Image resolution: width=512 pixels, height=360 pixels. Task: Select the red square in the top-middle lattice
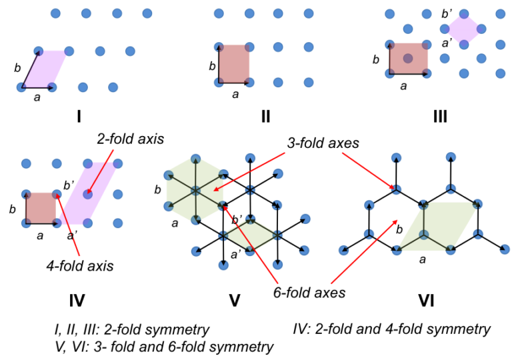[x=235, y=63]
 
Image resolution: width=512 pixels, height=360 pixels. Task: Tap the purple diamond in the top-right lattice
[x=463, y=29]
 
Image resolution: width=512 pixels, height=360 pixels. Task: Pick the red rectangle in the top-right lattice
[x=409, y=58]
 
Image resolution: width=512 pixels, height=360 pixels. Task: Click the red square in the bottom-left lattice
[x=41, y=207]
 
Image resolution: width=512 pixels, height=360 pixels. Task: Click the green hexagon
[x=195, y=190]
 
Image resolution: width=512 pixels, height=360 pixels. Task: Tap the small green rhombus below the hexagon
[x=250, y=235]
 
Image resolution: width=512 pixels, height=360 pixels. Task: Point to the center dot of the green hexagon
[x=195, y=191]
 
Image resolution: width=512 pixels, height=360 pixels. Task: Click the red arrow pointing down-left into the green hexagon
[x=249, y=171]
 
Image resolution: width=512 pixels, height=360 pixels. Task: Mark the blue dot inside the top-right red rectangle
[x=408, y=59]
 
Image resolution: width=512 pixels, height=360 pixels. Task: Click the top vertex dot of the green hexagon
[x=195, y=159]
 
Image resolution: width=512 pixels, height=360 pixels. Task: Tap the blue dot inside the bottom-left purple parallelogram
[x=87, y=194]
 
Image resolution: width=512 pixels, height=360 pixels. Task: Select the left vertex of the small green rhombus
[x=223, y=235]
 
